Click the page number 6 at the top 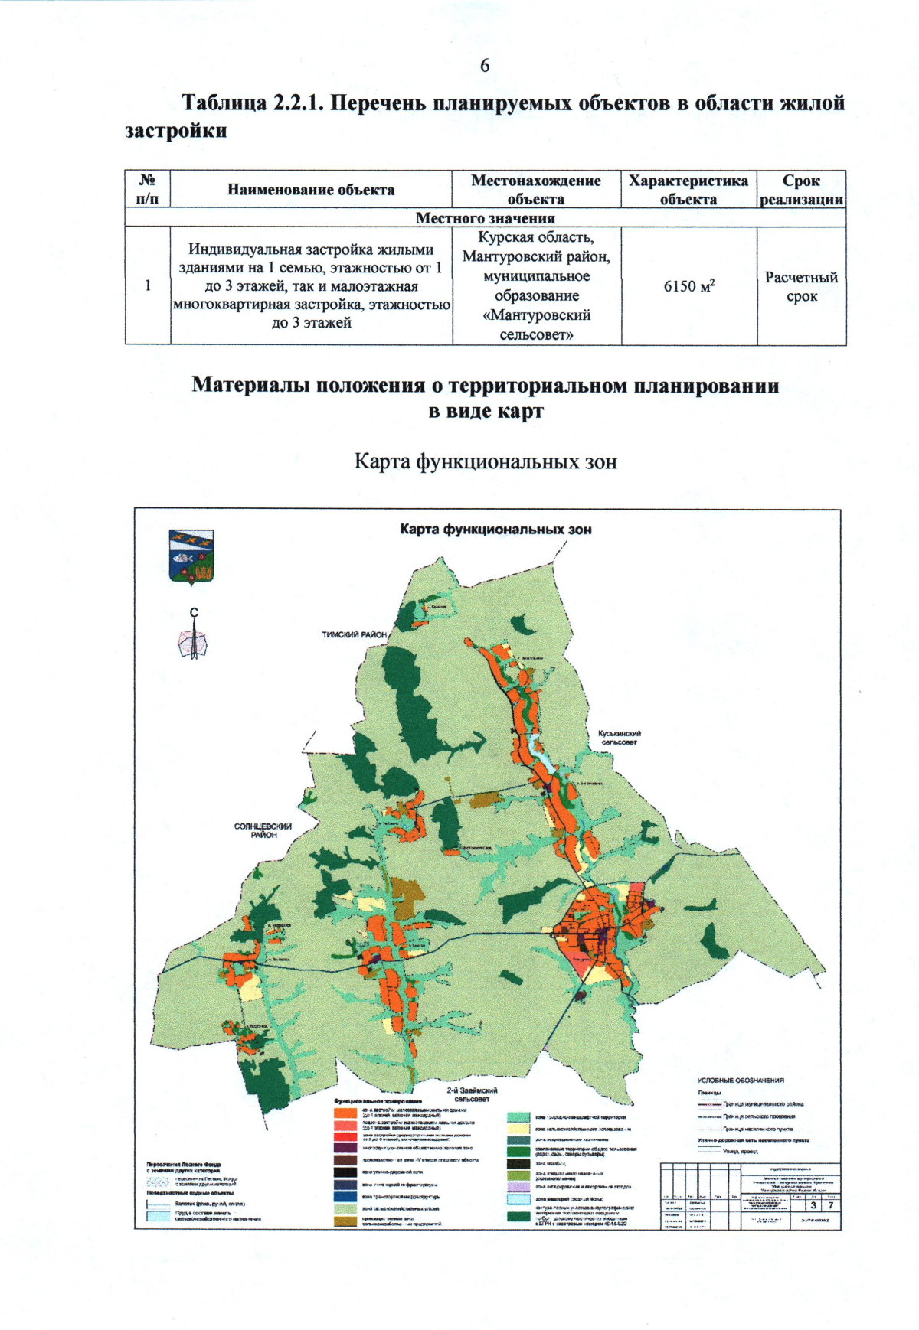click(484, 66)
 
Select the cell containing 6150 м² click(688, 286)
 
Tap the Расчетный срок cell click(801, 286)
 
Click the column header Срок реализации click(801, 190)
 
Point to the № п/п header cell click(148, 190)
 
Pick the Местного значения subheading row click(485, 218)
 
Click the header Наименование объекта click(311, 190)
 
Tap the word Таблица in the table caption click(223, 103)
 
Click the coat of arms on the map click(191, 556)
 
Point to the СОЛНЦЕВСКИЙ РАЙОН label click(263, 830)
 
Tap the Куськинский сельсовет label click(620, 738)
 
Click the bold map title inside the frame click(495, 530)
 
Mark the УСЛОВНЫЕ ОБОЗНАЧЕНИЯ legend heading click(740, 1081)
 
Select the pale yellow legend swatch click(519, 1129)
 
